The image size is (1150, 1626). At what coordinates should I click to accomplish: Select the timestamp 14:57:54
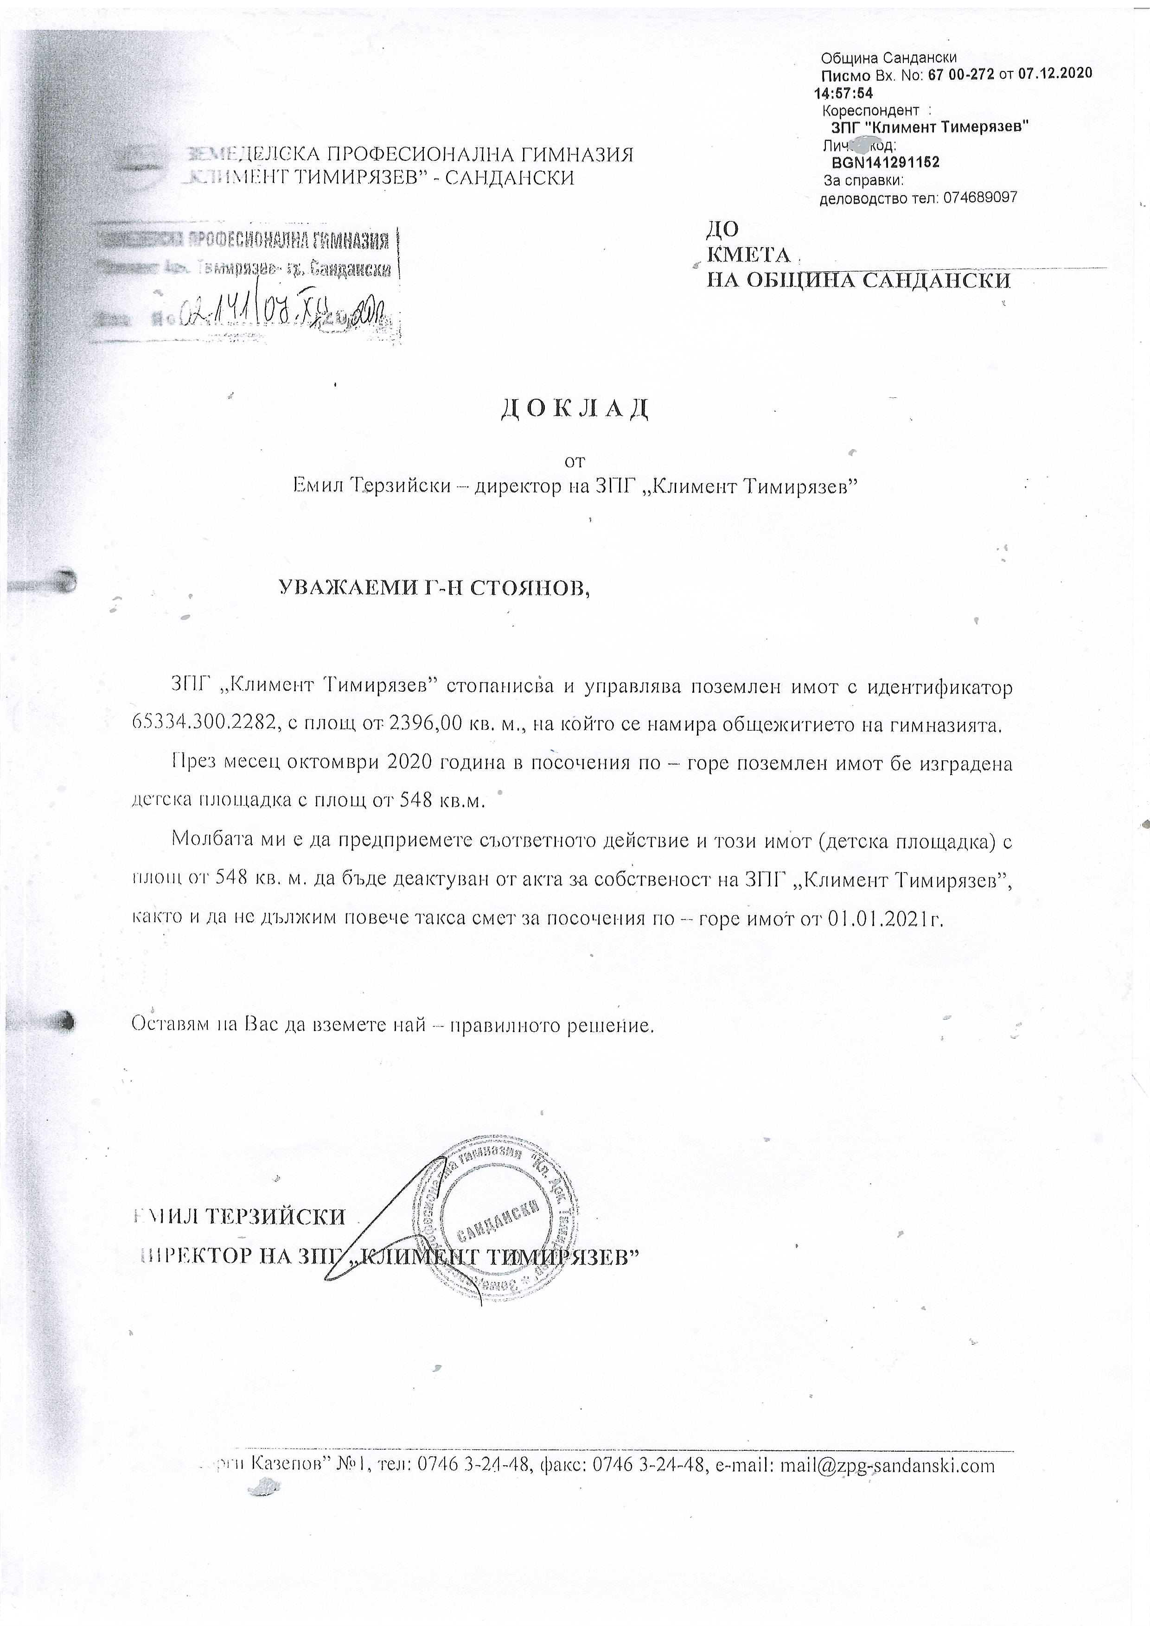[843, 93]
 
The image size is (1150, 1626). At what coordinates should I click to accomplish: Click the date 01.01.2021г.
[885, 919]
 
